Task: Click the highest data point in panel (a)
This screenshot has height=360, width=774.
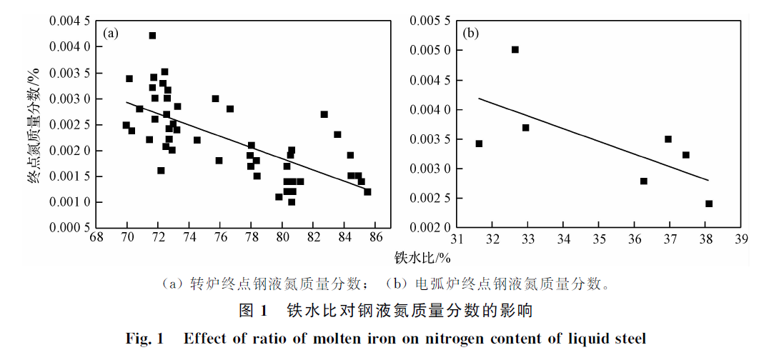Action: tap(152, 36)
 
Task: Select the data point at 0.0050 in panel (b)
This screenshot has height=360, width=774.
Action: tap(515, 50)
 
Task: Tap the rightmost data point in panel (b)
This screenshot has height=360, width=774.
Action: tap(709, 204)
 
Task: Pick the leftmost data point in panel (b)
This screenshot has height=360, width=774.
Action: tap(479, 144)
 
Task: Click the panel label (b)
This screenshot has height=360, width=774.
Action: tap(471, 33)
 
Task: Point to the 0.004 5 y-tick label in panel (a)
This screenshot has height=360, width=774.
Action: tap(69, 21)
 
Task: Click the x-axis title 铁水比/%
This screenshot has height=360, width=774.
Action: tap(422, 257)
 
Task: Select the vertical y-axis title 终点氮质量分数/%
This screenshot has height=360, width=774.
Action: tap(33, 125)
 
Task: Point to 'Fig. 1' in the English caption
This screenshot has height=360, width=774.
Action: tap(145, 338)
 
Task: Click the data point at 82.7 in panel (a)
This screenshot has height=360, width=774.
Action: tap(324, 114)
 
